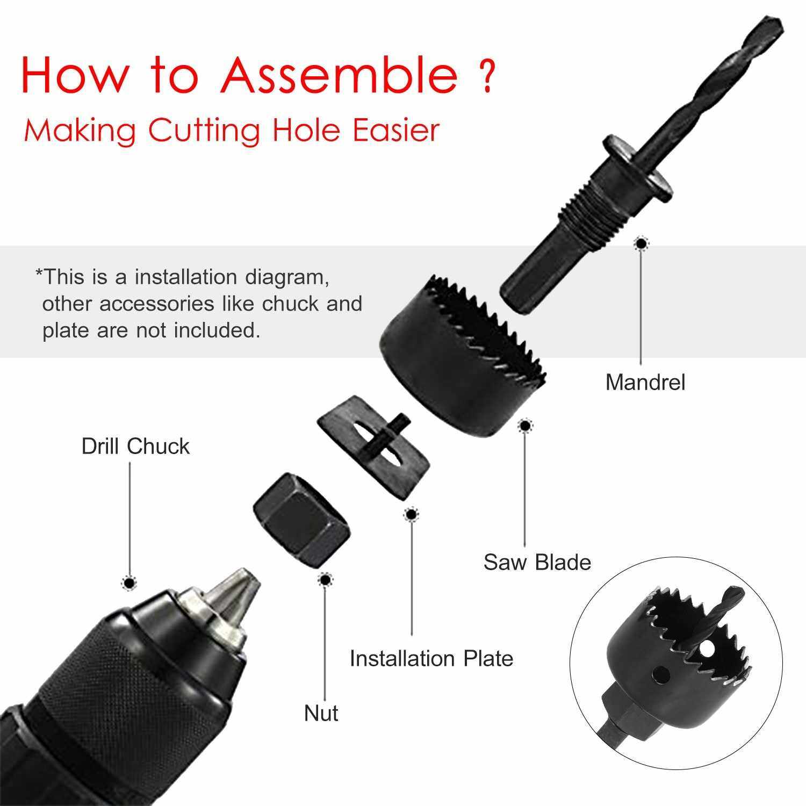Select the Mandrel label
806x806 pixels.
tap(645, 383)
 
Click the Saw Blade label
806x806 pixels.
tap(537, 562)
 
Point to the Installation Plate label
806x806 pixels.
tap(431, 658)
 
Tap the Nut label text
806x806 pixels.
tap(321, 713)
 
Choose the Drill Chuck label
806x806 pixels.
tap(135, 447)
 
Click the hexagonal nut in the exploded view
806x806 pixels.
tap(302, 520)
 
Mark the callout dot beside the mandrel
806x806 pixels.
tap(640, 244)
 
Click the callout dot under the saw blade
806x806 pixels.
tap(524, 426)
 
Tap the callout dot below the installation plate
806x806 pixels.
tap(411, 515)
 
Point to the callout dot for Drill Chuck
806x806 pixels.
tap(129, 582)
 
